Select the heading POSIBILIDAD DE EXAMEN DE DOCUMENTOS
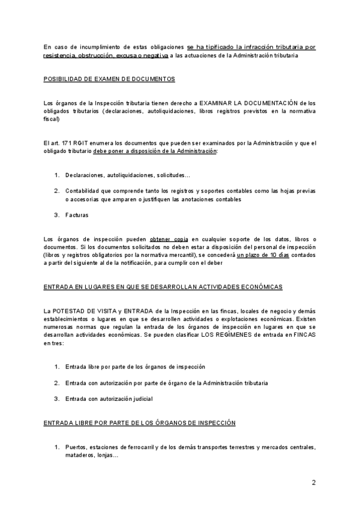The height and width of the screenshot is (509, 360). [110, 79]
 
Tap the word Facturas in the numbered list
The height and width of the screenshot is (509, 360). [76, 214]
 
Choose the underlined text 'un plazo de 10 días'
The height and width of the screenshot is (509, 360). [263, 255]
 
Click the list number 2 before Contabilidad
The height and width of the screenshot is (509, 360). [57, 190]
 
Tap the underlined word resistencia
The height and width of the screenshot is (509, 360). [60, 55]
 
